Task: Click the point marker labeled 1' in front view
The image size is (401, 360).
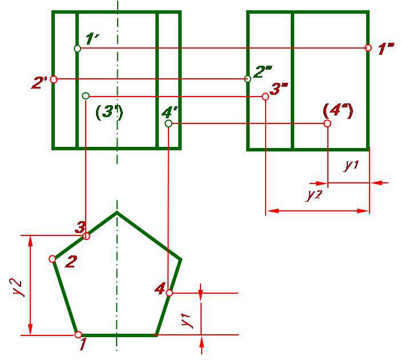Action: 77,49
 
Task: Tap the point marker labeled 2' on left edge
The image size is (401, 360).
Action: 54,79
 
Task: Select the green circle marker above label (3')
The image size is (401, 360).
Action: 86,96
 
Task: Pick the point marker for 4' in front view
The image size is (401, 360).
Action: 169,123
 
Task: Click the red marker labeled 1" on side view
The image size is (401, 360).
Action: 368,48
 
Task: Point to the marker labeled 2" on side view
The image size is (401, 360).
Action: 247,78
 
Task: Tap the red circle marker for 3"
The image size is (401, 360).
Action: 266,97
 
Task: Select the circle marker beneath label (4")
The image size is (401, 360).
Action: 327,123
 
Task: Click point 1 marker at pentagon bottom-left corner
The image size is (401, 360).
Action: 78,334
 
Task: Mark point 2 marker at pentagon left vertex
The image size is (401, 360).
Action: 53,259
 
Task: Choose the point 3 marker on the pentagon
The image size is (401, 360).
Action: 87,236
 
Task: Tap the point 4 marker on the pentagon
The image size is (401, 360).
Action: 169,293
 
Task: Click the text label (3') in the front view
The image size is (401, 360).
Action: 109,112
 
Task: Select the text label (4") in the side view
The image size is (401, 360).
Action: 338,110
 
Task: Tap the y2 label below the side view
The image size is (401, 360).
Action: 314,195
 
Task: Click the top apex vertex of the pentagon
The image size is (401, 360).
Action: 117,212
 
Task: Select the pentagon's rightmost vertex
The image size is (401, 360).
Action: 181,259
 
